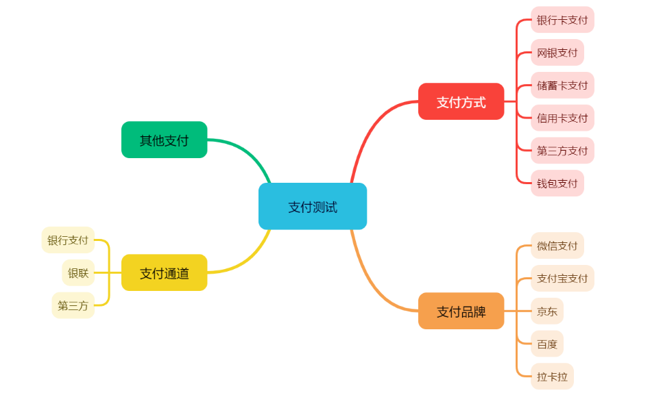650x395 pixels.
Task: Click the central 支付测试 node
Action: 313,207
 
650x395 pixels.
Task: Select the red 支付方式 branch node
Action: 461,102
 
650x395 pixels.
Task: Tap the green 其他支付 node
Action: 165,140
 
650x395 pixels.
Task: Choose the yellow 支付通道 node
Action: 165,273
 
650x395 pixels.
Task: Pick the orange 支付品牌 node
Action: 461,311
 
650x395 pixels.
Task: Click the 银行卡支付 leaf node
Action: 562,20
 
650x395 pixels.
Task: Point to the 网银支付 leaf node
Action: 557,53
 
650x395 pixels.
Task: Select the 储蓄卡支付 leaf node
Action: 562,86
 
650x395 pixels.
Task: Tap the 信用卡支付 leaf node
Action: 562,118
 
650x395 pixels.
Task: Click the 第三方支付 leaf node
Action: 562,151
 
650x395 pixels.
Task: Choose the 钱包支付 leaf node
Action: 557,183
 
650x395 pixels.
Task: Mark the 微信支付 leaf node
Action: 557,246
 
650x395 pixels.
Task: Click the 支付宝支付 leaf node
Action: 562,279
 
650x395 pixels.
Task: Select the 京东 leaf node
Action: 547,311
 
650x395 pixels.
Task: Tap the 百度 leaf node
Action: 547,344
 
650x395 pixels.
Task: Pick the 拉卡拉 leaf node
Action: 552,377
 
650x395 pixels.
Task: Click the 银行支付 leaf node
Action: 68,240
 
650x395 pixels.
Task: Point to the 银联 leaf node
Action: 78,273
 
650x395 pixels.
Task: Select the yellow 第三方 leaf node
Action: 73,306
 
